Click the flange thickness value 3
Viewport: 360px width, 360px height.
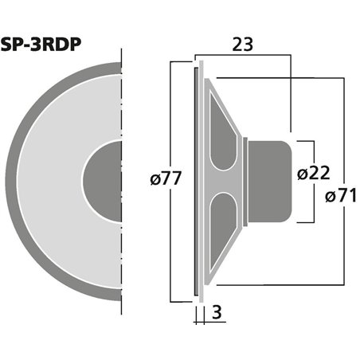pyautogui.click(x=217, y=313)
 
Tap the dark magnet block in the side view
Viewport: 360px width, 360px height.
pyautogui.click(x=268, y=179)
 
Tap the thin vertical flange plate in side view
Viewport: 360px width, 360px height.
pyautogui.click(x=198, y=179)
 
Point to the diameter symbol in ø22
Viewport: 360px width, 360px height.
pyautogui.click(x=302, y=173)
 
